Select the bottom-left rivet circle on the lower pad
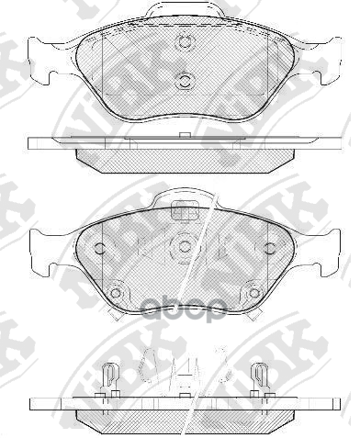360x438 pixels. pos(115,294)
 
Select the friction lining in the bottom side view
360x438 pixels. pos(184,419)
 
